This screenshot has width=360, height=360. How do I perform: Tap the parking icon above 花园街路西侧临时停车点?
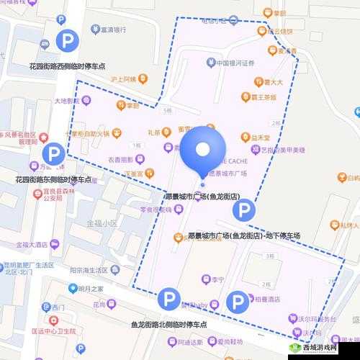click(x=69, y=41)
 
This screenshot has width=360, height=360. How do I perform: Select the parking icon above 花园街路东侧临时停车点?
click(x=53, y=153)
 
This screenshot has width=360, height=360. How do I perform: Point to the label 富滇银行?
click(x=114, y=30)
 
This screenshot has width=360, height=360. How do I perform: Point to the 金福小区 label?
click(x=100, y=223)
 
